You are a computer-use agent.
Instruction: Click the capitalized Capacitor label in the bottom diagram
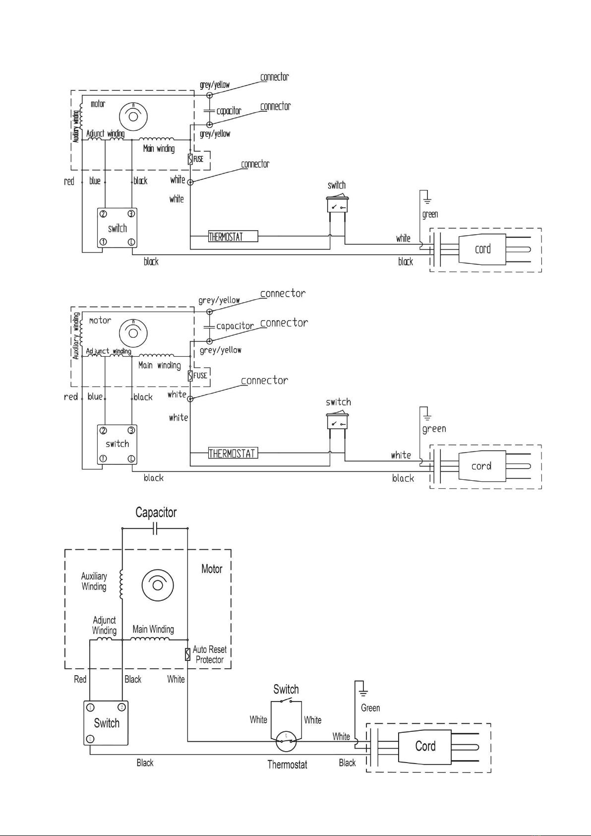tap(156, 513)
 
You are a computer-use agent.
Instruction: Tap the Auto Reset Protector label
tap(210, 654)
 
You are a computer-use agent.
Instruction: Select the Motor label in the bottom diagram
tap(212, 569)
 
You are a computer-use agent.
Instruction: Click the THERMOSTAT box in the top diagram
tap(233, 237)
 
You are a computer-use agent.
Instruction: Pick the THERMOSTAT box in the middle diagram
tap(233, 453)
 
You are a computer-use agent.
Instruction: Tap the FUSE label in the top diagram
tap(198, 159)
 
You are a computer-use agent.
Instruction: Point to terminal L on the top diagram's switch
tap(131, 242)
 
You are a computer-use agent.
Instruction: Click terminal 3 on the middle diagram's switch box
tap(131, 430)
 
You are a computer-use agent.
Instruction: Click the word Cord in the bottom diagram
tap(425, 746)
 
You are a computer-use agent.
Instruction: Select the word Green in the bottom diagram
tap(370, 708)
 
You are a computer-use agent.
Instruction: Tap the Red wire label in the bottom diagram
tap(80, 679)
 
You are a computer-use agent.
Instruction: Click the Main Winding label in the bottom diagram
tap(153, 629)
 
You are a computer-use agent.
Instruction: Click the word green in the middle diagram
tap(434, 429)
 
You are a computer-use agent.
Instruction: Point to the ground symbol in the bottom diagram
tap(363, 692)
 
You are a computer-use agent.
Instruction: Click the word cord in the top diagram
tap(483, 249)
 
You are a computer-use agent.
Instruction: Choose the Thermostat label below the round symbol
tap(287, 765)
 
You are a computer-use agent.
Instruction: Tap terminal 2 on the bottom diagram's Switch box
tap(121, 707)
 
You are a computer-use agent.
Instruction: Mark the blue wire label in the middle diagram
tap(95, 396)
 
